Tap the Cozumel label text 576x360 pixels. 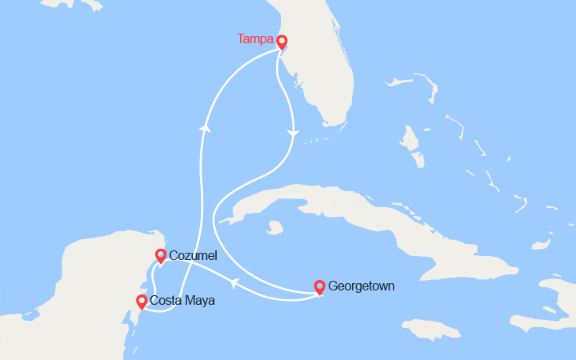coord(193,255)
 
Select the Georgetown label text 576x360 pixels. coord(361,286)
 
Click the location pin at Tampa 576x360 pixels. coord(282,40)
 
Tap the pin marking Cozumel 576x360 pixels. coord(161,255)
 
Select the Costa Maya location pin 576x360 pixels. coord(142,301)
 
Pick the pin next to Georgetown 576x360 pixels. coord(319,286)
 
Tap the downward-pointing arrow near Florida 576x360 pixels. coord(294,133)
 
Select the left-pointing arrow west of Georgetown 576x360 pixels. coord(234,282)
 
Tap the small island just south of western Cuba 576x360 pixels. coord(275,227)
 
